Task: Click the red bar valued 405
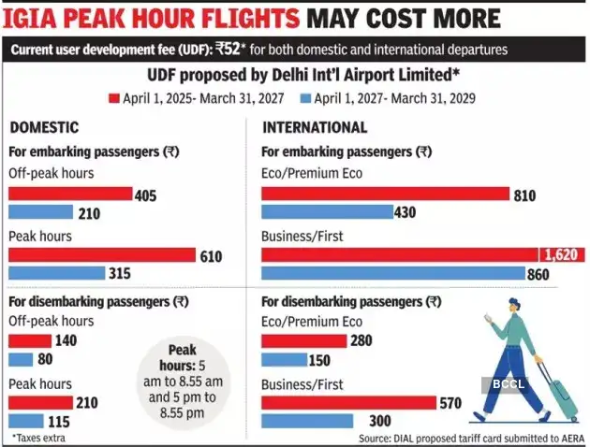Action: (x=70, y=194)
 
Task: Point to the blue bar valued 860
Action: (x=392, y=273)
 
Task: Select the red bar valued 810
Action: (x=384, y=194)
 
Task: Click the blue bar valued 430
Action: (x=327, y=212)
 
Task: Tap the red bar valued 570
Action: (x=348, y=403)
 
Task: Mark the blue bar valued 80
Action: (x=22, y=360)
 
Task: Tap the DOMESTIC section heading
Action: (x=43, y=127)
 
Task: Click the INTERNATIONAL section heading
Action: (x=314, y=127)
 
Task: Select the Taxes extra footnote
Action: (x=39, y=437)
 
